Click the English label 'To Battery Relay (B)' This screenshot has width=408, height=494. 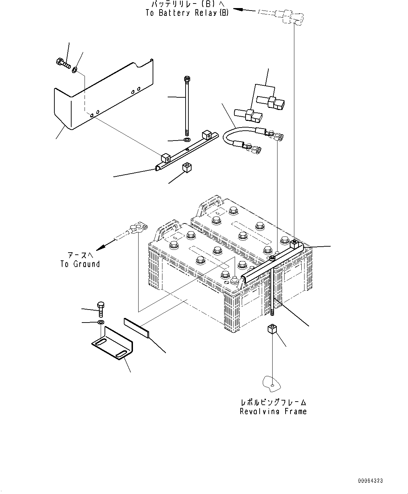pyautogui.click(x=187, y=13)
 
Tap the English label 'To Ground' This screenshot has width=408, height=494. pyautogui.click(x=80, y=264)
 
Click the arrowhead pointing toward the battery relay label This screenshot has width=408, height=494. pyautogui.click(x=238, y=9)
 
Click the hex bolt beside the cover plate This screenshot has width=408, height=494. pyautogui.click(x=63, y=63)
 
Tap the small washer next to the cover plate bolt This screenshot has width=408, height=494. pyautogui.click(x=74, y=70)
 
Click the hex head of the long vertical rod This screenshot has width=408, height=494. pyautogui.click(x=187, y=79)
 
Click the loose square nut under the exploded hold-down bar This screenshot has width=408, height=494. pyautogui.click(x=187, y=168)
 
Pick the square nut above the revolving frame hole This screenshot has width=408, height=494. pyautogui.click(x=272, y=329)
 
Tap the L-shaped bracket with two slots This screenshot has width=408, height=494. pyautogui.click(x=112, y=343)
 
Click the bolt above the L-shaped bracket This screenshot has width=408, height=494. pyautogui.click(x=101, y=310)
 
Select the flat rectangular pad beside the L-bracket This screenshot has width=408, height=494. pyautogui.click(x=136, y=328)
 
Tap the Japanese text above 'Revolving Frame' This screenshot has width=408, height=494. pyautogui.click(x=273, y=402)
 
